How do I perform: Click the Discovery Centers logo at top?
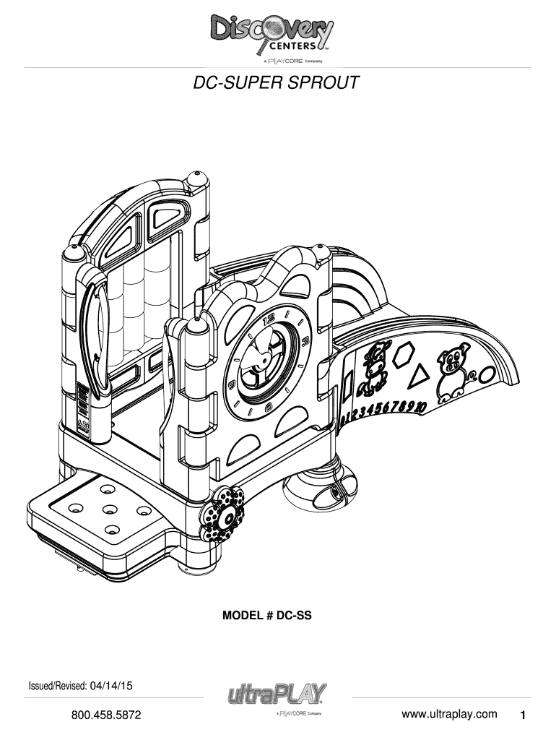[x=272, y=38]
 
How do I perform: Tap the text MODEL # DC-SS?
[x=267, y=616]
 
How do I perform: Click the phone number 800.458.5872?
[x=106, y=715]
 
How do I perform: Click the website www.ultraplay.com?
[x=449, y=714]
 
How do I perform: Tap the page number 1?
[x=523, y=715]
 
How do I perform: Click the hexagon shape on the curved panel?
[x=404, y=355]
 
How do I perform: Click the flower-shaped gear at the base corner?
[x=222, y=515]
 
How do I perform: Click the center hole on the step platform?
[x=110, y=509]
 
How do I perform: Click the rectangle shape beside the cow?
[x=349, y=386]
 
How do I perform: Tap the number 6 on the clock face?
[x=269, y=407]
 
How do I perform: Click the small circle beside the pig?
[x=486, y=376]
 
